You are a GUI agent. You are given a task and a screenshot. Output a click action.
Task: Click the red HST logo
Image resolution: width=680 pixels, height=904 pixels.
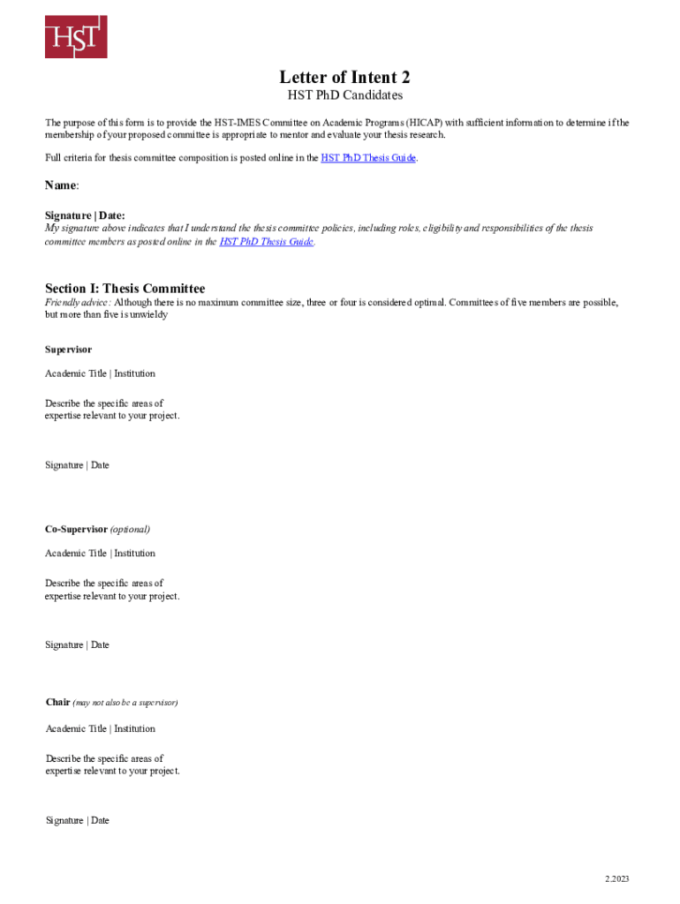coord(76,36)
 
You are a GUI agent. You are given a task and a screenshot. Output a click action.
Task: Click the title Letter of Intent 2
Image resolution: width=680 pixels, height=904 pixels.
coord(344,77)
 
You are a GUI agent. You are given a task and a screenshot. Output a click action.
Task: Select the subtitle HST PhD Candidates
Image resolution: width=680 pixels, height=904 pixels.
coord(344,95)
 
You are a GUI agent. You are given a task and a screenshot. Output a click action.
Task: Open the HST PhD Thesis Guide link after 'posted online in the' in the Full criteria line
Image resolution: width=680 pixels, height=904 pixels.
coord(367,158)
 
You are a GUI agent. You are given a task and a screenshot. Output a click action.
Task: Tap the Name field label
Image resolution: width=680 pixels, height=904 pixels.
coord(62,185)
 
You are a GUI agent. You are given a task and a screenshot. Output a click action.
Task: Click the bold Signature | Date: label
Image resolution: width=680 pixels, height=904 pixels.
coord(85,215)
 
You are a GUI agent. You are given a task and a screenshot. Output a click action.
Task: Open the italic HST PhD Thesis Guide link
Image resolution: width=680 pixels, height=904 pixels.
coord(266,241)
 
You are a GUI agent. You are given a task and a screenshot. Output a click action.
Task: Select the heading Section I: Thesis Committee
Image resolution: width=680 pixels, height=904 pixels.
coord(125,289)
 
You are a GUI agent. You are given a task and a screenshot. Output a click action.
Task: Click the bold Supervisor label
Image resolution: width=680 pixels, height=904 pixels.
coord(68,350)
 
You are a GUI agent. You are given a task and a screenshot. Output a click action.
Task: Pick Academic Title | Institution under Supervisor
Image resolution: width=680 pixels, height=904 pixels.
coord(100,373)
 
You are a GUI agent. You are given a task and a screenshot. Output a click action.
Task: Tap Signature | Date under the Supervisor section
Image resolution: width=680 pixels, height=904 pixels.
coord(77,465)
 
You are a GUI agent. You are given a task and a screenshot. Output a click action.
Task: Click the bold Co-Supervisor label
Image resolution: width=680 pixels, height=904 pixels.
coord(76,530)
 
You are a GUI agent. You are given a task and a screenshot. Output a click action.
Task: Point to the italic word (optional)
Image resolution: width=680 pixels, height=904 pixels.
coord(130,530)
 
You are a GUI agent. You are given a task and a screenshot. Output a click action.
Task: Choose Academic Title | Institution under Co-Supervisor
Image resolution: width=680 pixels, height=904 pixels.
coord(100,554)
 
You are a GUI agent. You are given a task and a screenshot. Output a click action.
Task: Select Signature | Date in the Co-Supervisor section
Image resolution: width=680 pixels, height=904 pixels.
coord(77,645)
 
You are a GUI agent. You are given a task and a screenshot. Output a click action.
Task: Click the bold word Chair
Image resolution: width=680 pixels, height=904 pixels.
coord(57,703)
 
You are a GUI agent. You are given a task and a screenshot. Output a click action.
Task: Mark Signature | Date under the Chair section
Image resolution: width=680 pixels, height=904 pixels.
coord(77,821)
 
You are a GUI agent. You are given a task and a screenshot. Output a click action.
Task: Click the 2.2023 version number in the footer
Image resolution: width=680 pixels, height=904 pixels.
coord(617,878)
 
